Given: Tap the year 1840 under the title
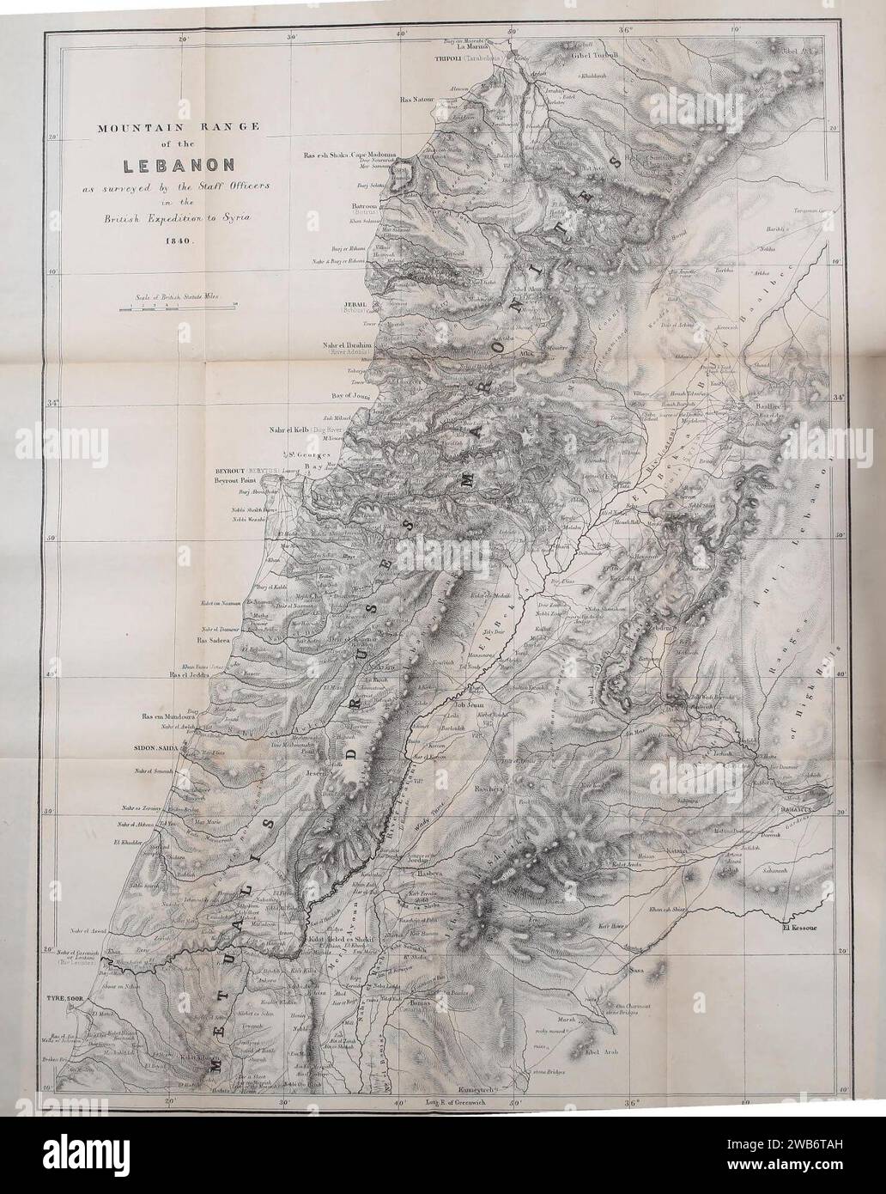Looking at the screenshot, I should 179,242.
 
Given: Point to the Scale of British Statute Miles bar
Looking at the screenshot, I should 178,305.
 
